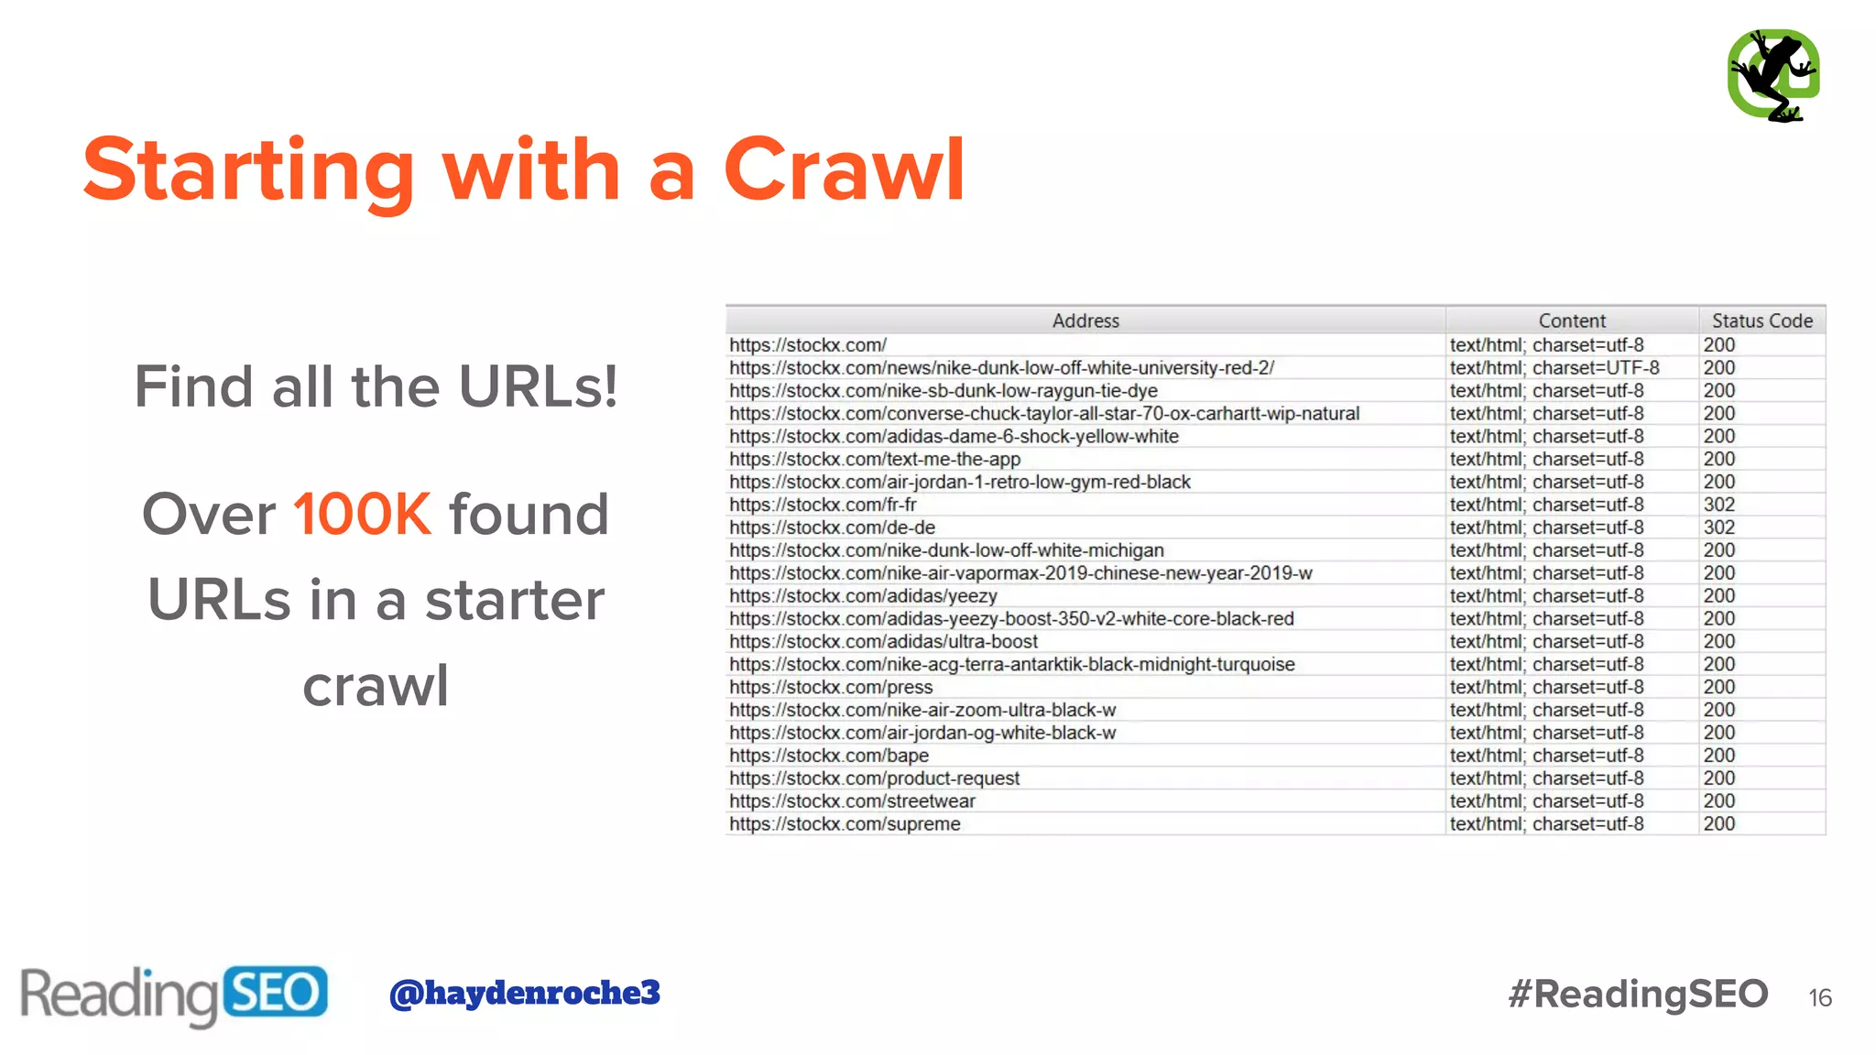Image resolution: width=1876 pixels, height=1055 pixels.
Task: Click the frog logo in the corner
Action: pos(1773,75)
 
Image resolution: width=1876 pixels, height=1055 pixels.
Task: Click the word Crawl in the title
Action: pos(844,170)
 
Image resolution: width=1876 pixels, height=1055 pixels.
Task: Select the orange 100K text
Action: pos(362,514)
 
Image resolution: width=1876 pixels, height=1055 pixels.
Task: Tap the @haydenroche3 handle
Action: pos(524,993)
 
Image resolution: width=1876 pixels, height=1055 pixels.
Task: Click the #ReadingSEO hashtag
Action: pos(1638,994)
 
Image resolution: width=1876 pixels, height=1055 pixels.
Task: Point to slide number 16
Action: pos(1819,998)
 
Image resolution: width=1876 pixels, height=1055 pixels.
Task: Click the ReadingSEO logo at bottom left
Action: pos(174,995)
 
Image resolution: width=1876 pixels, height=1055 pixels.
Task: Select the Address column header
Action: pos(1085,321)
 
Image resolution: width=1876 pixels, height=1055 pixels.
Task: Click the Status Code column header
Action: pos(1761,321)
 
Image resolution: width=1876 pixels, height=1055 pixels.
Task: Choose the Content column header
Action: pos(1572,321)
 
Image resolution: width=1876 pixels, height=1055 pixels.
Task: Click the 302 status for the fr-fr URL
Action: pos(1718,505)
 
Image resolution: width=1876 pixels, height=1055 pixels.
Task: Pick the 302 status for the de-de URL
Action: pos(1718,527)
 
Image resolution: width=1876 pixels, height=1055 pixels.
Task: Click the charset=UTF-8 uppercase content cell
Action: pos(1554,368)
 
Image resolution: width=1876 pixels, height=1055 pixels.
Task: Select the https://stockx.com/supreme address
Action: pos(845,824)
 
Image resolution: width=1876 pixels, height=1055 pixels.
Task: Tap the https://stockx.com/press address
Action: pos(831,687)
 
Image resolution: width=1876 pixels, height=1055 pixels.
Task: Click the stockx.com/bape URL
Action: pos(829,756)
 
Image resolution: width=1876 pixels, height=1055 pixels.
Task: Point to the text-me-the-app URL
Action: pos(875,459)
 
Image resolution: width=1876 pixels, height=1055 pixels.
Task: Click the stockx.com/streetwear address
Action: pos(852,801)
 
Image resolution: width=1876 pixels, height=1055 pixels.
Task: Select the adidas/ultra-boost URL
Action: pos(883,641)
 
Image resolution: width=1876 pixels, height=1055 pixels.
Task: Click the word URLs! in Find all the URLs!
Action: pos(538,386)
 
